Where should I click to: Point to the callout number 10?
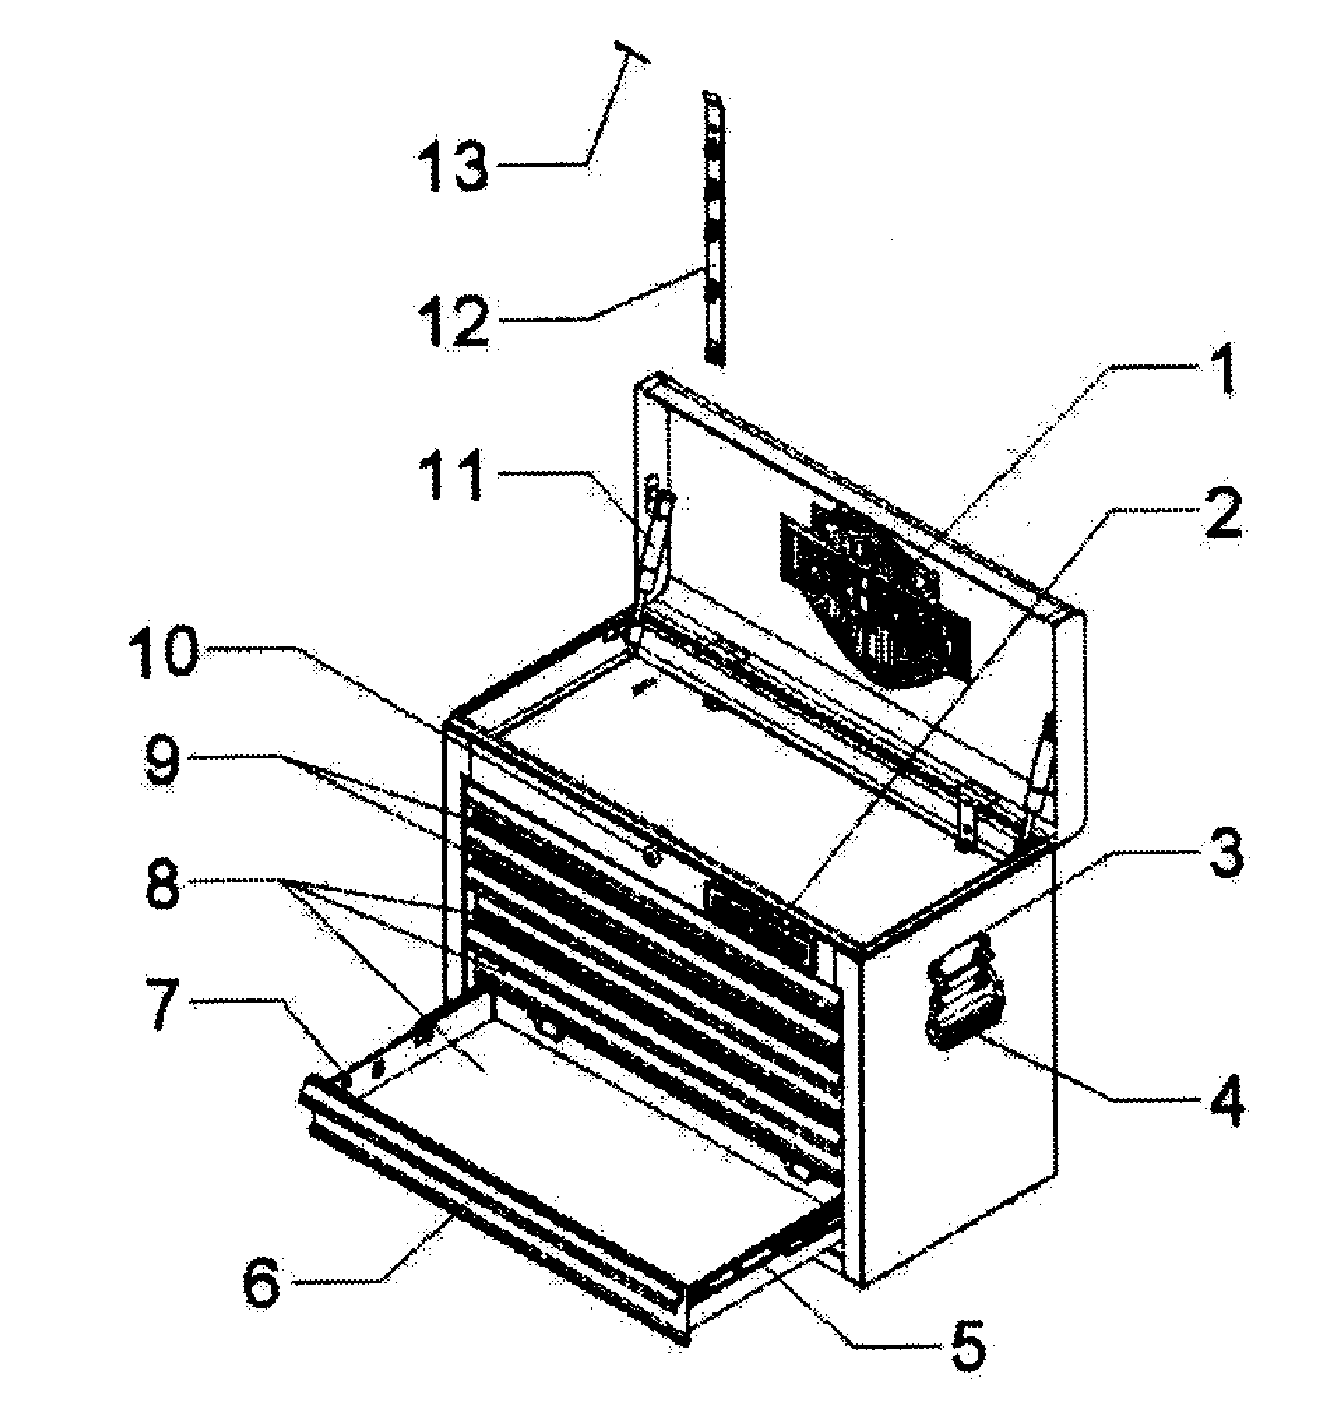click(163, 651)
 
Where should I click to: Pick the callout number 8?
click(163, 884)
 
